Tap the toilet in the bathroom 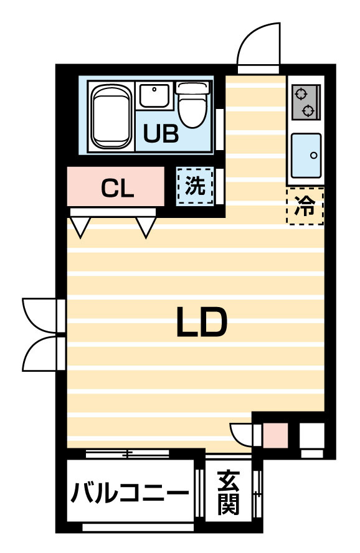(x=192, y=105)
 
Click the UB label (x=161, y=134)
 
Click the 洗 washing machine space (x=195, y=186)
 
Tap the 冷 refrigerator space (x=305, y=206)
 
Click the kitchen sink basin (x=306, y=156)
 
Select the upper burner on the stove (x=301, y=94)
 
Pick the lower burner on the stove (x=308, y=111)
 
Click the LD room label (x=201, y=321)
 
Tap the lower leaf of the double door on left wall (x=39, y=354)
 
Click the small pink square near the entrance (x=276, y=437)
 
